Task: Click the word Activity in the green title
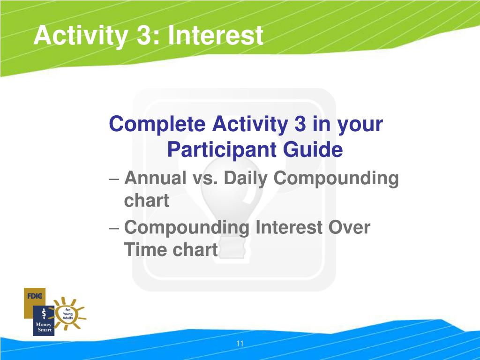pos(81,36)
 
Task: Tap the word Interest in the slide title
pos(216,36)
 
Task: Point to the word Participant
pos(222,150)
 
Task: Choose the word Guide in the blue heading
pos(313,150)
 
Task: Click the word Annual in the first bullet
pos(156,178)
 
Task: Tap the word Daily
pos(246,179)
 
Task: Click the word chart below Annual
pos(146,201)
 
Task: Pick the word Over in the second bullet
pos(349,227)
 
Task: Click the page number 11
pos(240,344)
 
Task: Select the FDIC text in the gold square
pos(35,296)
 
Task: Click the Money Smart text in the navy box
pos(44,327)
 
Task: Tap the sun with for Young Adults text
pos(68,314)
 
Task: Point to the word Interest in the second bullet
pos(289,227)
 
